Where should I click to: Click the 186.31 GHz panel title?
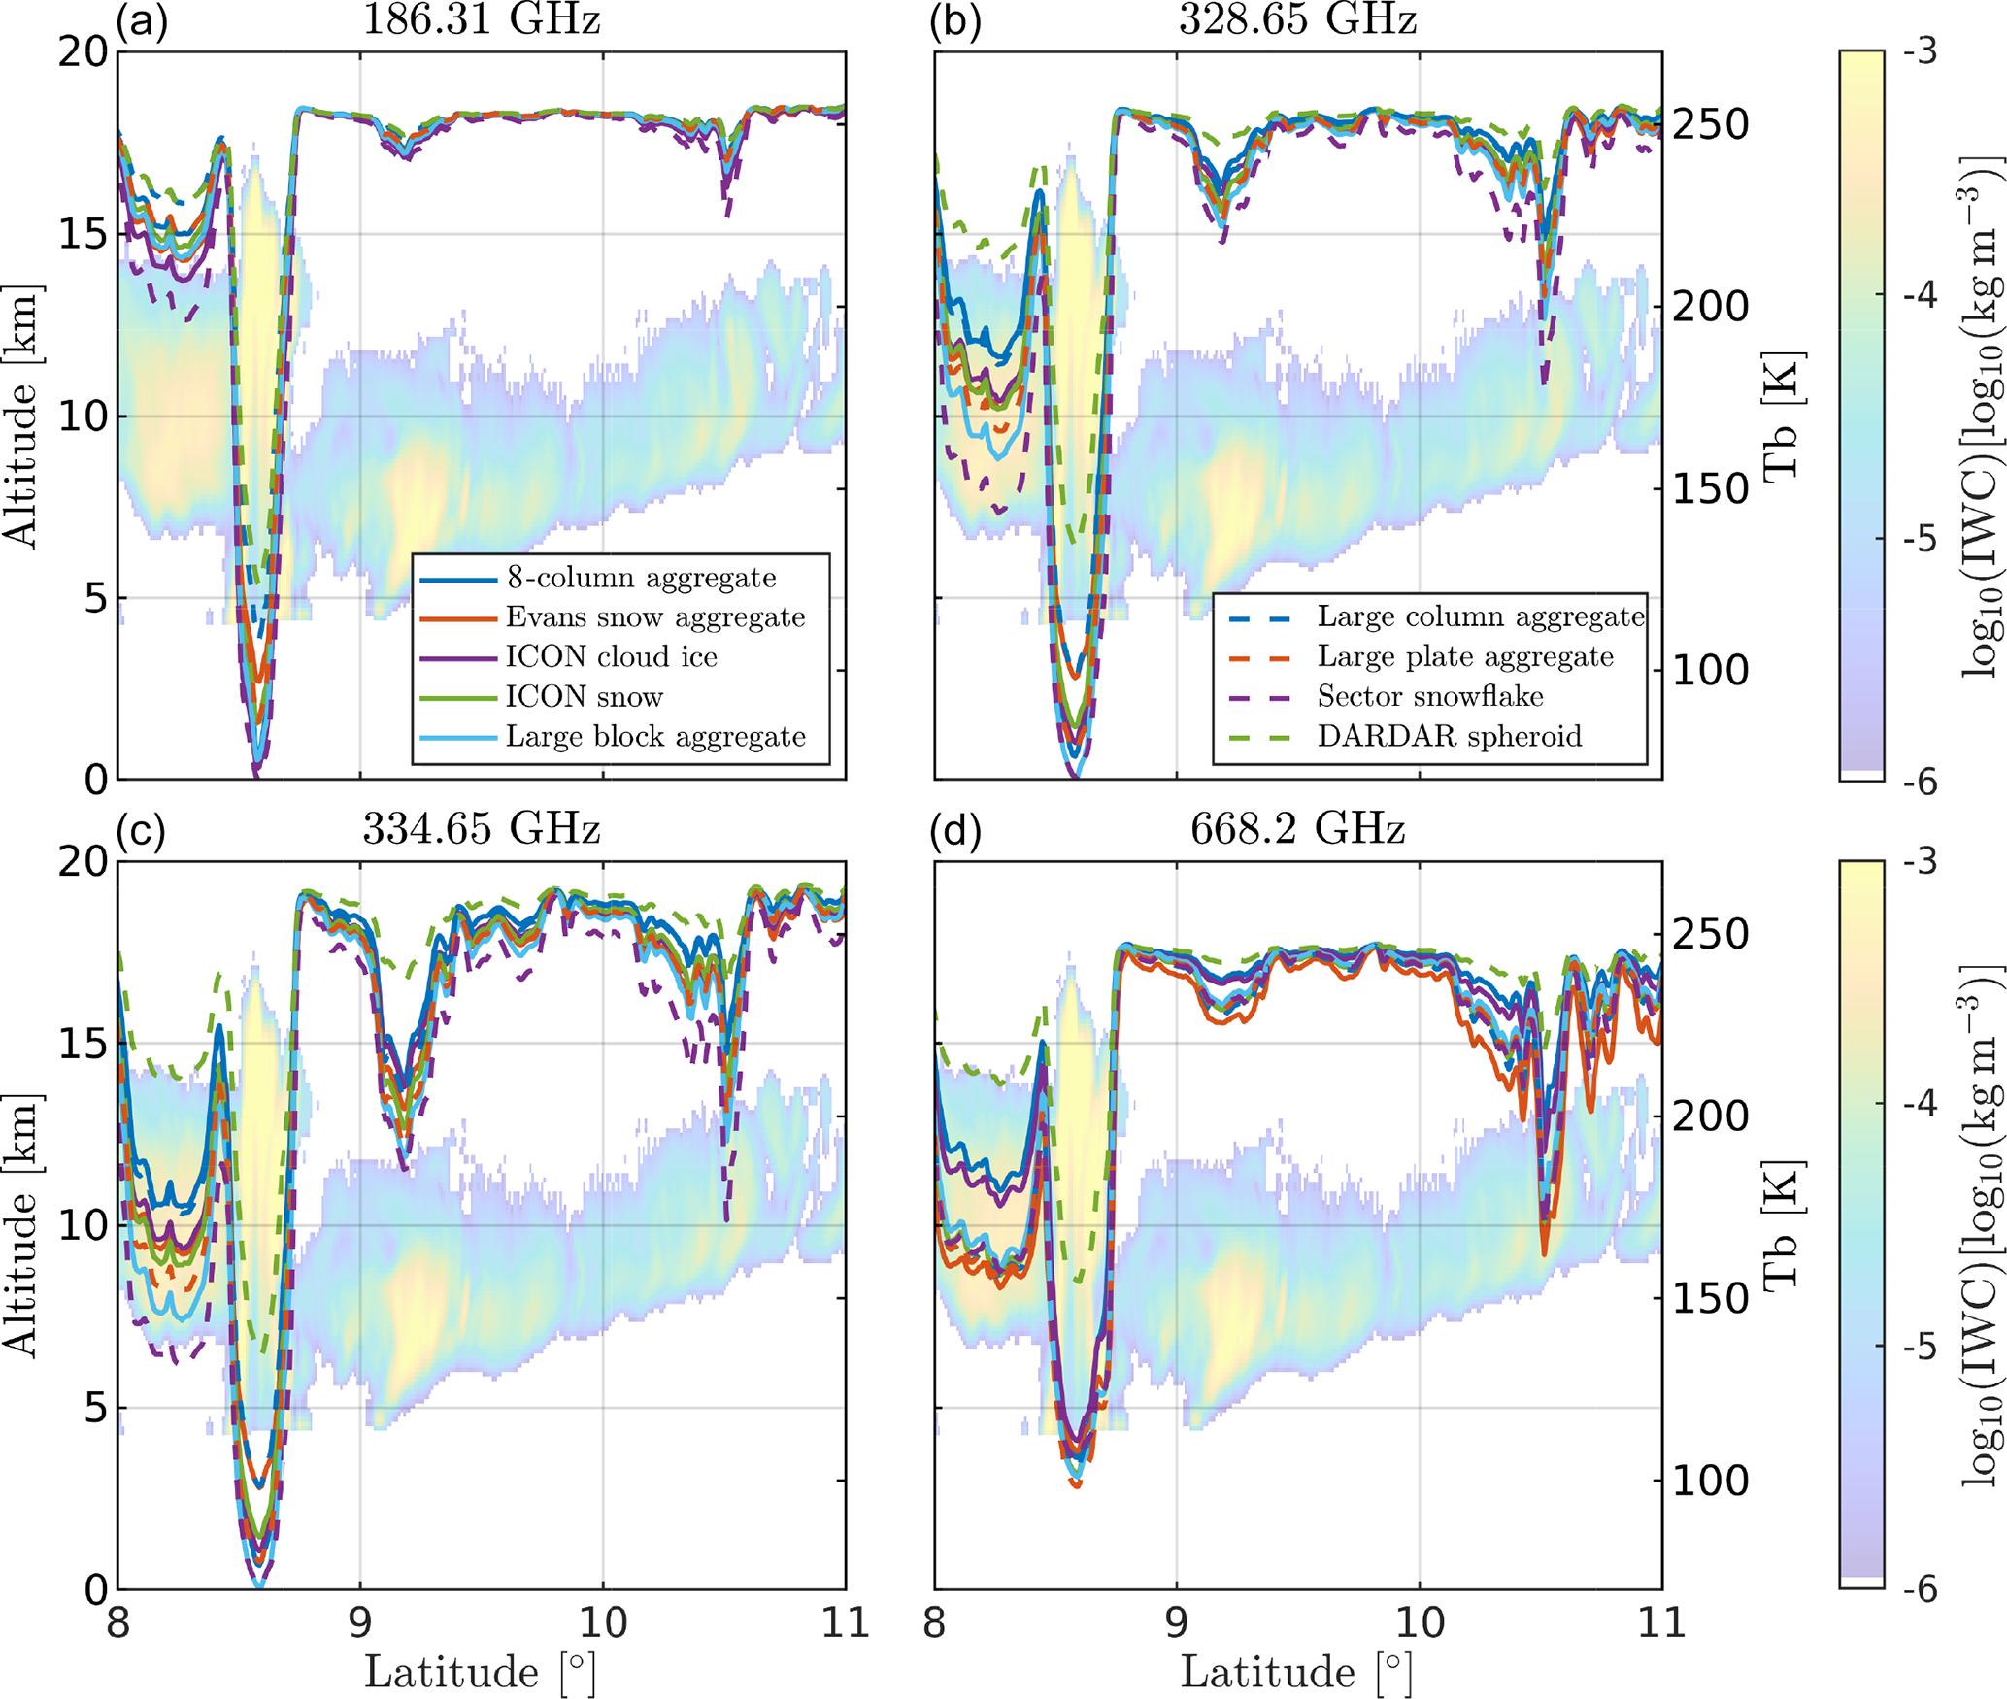[x=481, y=19]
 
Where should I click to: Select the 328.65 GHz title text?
[x=1297, y=19]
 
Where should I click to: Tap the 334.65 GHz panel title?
[x=481, y=829]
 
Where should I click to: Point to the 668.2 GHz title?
[x=1297, y=829]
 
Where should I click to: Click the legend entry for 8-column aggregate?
[x=641, y=578]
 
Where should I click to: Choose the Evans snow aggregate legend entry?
[x=655, y=617]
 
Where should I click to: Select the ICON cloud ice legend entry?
[x=611, y=657]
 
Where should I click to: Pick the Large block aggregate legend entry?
[x=655, y=737]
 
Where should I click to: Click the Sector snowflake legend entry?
[x=1429, y=696]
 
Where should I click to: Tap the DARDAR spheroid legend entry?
[x=1449, y=736]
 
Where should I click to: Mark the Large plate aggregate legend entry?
[x=1464, y=656]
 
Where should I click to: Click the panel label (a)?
[x=142, y=19]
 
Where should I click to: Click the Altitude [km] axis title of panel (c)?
[x=21, y=1225]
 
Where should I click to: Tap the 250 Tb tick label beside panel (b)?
[x=1710, y=124]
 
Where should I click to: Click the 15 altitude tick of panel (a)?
[x=83, y=234]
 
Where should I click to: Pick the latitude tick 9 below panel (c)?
[x=360, y=1622]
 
